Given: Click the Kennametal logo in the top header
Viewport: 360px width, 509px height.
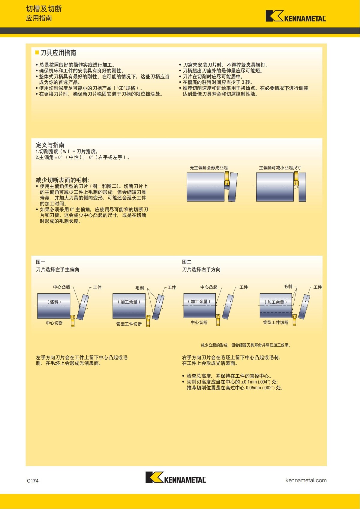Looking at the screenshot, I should coord(295,16).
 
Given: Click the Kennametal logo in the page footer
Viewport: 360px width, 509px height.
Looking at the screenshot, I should coord(175,477).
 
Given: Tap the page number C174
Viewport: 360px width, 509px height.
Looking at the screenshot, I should coord(33,481).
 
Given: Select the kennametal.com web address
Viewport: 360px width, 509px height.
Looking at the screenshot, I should coord(306,480).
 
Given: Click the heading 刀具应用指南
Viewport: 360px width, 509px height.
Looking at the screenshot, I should coord(58,53).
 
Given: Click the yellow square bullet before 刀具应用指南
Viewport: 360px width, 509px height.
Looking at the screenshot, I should coord(37,52).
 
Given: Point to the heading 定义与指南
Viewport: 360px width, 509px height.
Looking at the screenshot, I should coord(50,145).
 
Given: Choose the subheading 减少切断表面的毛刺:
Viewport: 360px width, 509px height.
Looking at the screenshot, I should coord(62,180).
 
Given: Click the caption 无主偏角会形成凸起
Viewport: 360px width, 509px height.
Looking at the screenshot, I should coord(208,168).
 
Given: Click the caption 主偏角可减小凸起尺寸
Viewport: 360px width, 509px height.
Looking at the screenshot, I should coord(280,168).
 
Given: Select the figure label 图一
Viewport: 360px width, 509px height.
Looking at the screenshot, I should coord(40,262).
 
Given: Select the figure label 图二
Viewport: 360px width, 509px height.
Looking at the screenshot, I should coord(187,262).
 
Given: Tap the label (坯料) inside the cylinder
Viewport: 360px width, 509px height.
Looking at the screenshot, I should coord(54,302).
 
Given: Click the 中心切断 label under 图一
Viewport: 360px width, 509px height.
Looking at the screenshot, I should coord(54,323).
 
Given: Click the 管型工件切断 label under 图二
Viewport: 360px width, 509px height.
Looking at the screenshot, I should coord(275,322).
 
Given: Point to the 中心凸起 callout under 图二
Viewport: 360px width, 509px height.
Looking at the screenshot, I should coord(208,287).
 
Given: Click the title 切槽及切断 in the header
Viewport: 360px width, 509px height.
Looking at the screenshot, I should coord(44,9).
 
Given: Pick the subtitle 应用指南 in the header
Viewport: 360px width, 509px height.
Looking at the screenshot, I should coord(39,18).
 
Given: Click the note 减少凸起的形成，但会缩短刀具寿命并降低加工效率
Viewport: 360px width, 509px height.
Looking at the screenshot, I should coord(245,345).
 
